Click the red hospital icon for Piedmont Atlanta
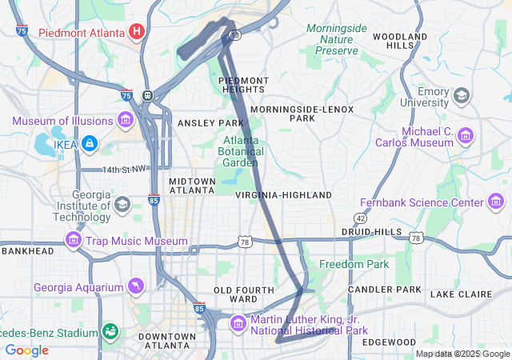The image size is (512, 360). [137, 32]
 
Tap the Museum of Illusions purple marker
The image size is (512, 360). [125, 121]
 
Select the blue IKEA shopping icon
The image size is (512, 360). [90, 143]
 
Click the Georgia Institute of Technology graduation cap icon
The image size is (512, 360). [122, 203]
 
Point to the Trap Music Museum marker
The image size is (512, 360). [74, 240]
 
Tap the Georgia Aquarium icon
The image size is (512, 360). [138, 287]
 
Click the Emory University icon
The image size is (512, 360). [461, 97]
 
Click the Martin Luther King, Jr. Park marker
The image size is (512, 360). [238, 324]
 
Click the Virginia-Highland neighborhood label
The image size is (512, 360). [283, 195]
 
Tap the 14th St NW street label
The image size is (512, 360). [125, 170]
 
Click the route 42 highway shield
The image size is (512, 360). [360, 218]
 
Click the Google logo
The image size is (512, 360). [26, 350]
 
